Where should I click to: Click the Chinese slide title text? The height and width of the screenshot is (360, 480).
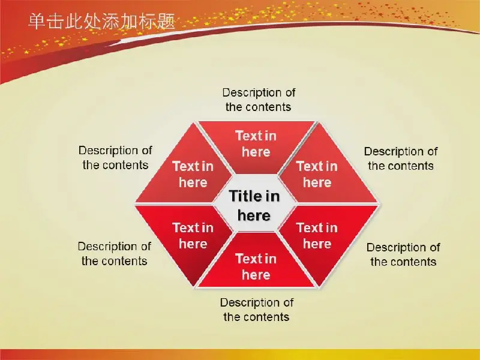(x=101, y=22)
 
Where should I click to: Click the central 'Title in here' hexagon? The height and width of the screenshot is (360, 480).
(x=254, y=203)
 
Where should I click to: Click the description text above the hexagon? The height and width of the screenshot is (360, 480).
(x=259, y=100)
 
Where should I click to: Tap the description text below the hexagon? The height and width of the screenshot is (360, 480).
(x=257, y=310)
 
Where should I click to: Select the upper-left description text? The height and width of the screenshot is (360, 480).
(x=115, y=158)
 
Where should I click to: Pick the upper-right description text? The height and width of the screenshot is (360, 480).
(x=401, y=158)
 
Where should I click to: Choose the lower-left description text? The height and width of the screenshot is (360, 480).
(x=114, y=254)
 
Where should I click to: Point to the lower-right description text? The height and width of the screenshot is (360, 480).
(x=403, y=254)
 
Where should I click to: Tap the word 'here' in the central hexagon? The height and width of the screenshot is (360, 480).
(x=254, y=215)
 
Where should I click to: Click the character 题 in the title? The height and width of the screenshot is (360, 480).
(x=166, y=22)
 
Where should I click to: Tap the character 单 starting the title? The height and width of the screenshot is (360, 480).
(x=37, y=22)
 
